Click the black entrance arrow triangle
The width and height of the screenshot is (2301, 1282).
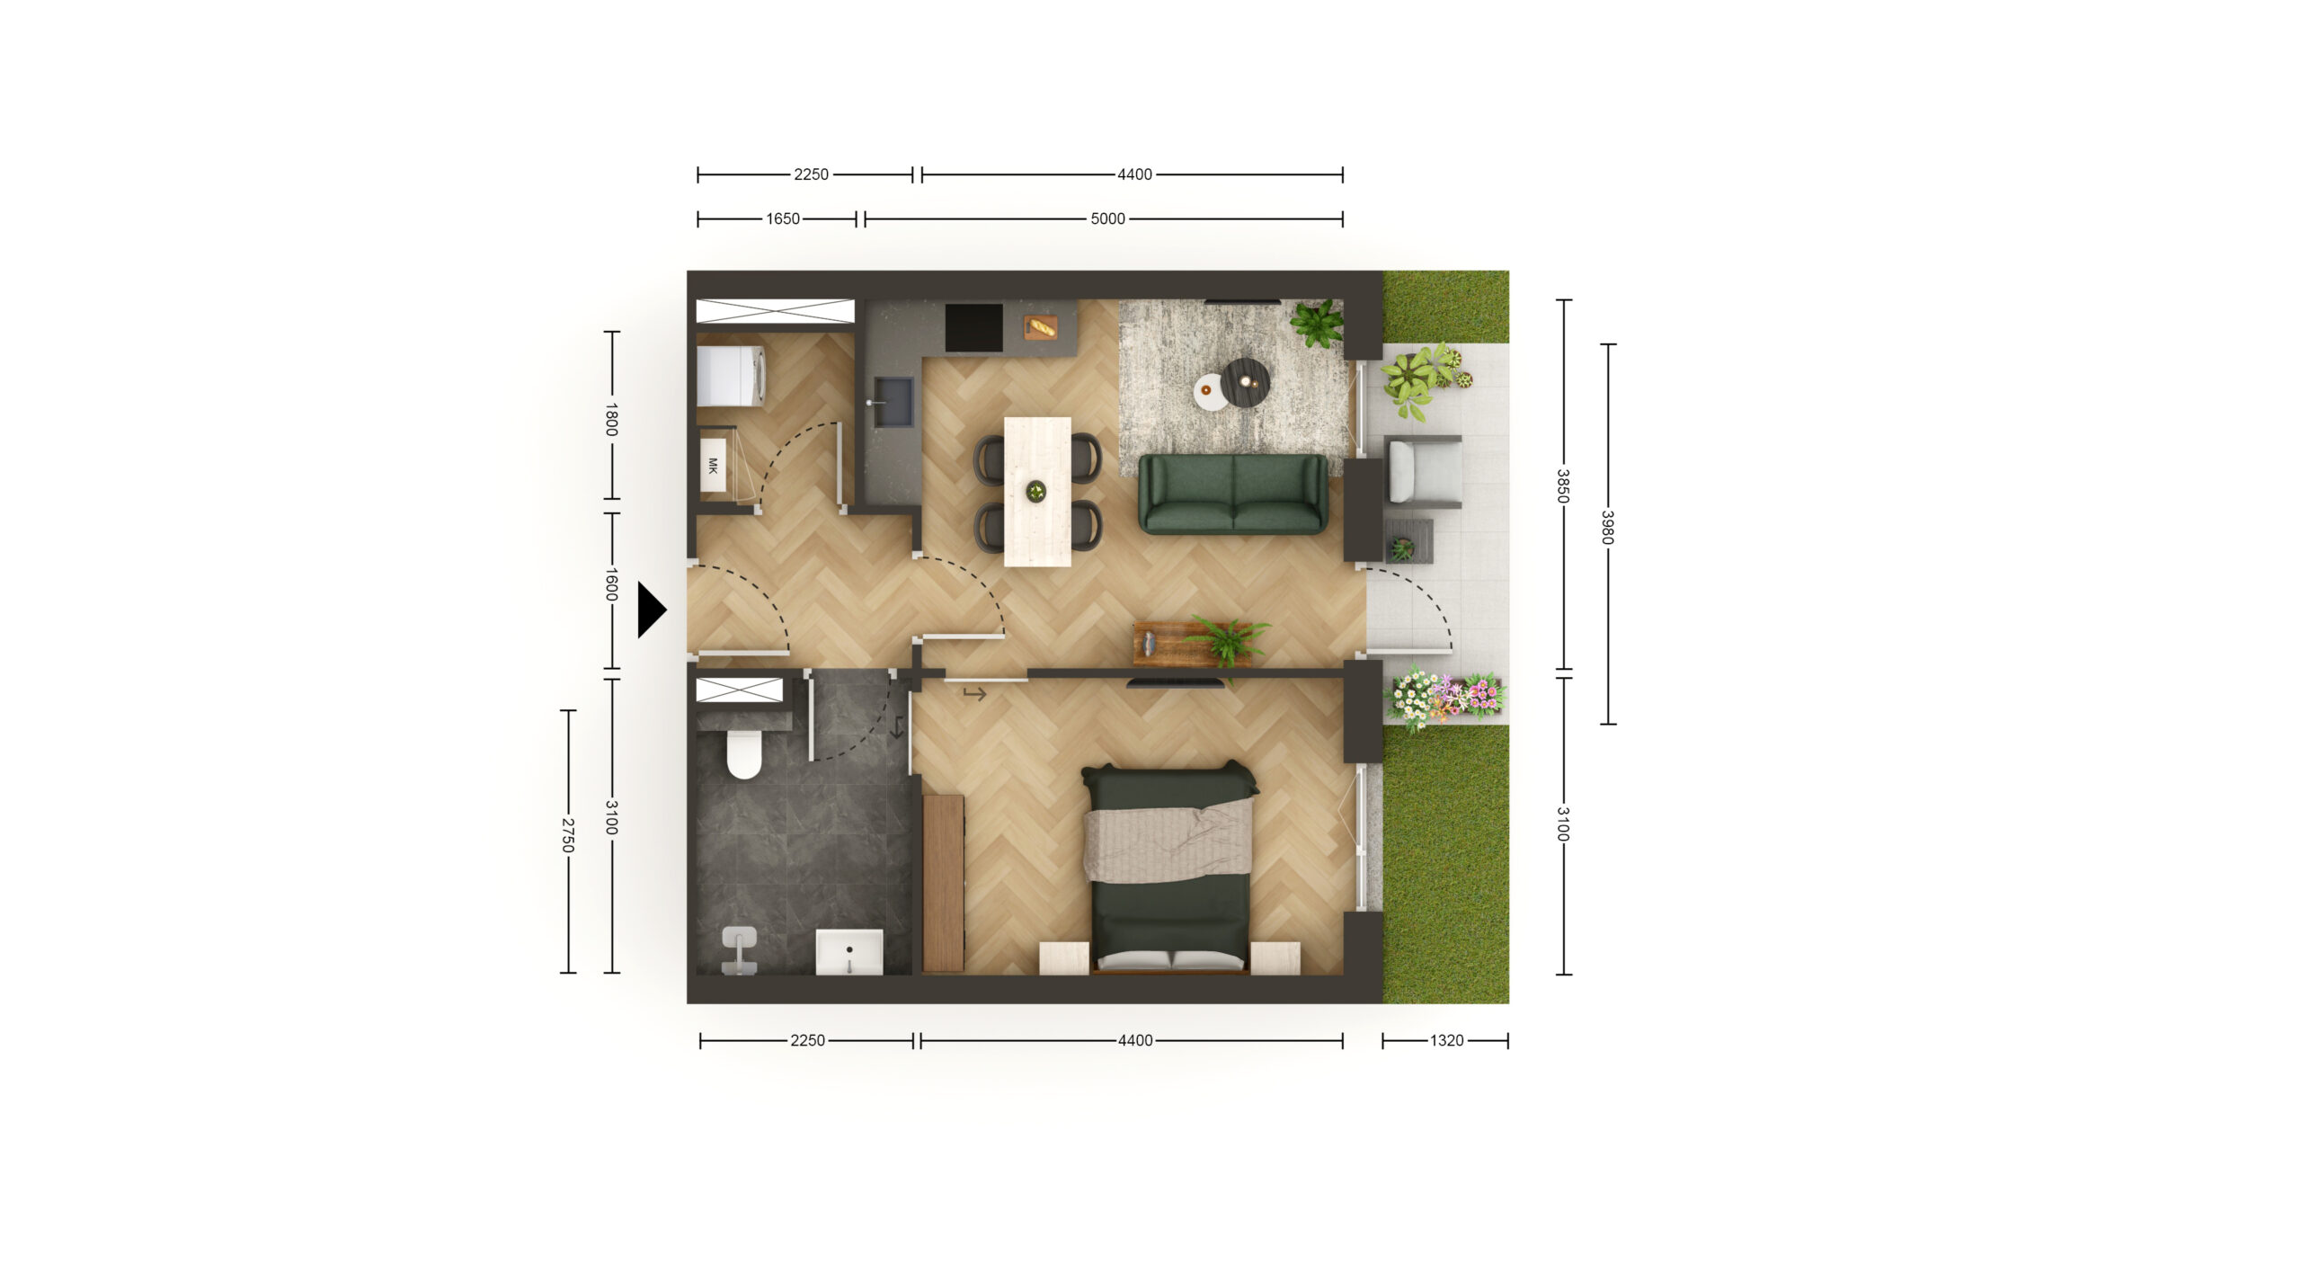point(651,610)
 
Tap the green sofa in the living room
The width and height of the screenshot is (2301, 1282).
point(1233,494)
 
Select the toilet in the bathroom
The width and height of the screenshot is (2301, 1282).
point(744,754)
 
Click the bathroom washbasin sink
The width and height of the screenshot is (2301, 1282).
point(849,952)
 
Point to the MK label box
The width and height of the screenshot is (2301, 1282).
point(713,465)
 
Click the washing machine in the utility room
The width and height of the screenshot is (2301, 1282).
point(731,376)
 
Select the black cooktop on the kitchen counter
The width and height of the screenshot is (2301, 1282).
point(973,327)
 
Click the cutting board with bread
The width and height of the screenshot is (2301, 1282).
point(1042,327)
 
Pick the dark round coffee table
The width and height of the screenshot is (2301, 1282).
point(1245,382)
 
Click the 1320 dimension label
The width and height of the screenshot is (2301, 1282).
point(1446,1040)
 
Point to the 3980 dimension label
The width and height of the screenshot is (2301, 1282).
point(1607,528)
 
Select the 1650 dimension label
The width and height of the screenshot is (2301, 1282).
point(783,218)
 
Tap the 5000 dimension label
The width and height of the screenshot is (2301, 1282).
point(1107,218)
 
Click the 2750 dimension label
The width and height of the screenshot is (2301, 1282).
point(567,835)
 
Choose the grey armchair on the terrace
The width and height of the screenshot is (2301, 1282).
point(1423,472)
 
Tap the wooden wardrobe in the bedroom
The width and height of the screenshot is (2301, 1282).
point(943,883)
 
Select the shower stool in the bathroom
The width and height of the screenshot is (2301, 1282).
point(739,950)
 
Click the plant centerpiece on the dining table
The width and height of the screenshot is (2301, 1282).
point(1036,491)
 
